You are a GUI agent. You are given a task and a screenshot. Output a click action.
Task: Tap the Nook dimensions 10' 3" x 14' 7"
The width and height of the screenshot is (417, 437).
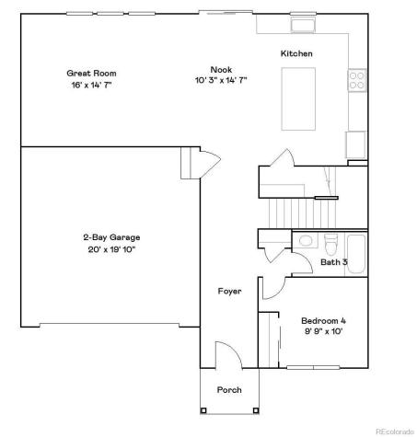[220, 81]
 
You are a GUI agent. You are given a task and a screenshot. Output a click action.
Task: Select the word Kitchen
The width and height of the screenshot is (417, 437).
[296, 54]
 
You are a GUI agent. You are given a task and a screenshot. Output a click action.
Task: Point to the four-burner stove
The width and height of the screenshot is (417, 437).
[356, 81]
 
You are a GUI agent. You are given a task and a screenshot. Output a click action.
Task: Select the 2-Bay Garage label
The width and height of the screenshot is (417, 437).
[110, 236]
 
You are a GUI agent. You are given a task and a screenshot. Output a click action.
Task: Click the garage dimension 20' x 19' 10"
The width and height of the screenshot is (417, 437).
[110, 248]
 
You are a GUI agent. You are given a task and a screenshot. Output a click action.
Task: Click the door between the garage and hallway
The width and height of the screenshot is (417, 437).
[208, 164]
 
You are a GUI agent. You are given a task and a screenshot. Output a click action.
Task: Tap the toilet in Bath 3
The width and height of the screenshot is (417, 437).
[330, 243]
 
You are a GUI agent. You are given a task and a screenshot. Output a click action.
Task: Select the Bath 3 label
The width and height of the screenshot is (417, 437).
[332, 262]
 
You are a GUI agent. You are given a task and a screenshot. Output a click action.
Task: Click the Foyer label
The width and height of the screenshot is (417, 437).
[229, 292]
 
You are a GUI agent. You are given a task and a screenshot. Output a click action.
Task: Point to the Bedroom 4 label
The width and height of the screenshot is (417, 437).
[323, 320]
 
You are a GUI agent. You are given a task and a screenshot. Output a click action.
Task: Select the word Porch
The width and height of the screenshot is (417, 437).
[229, 390]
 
